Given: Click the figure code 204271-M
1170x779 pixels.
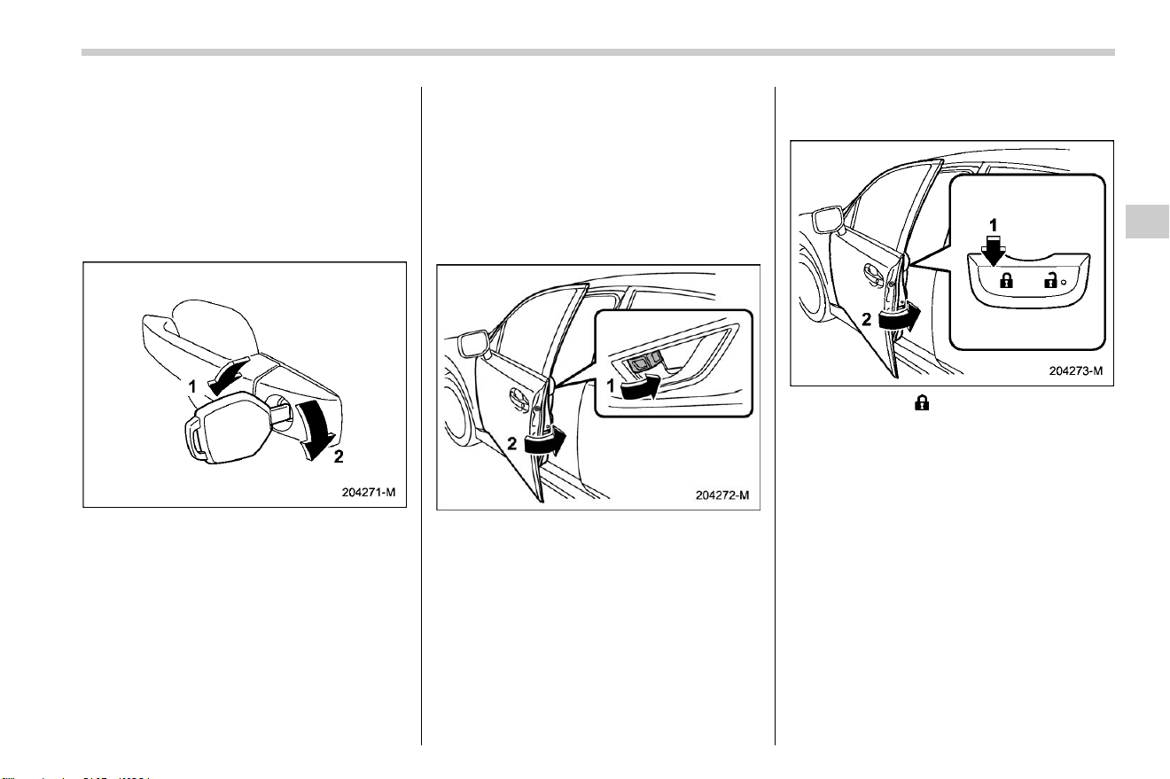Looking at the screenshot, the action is point(369,493).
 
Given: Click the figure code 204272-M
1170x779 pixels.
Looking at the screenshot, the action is point(722,495).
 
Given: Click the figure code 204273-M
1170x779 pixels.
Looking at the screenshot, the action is point(1076,370).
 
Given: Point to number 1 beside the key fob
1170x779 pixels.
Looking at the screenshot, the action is point(192,387).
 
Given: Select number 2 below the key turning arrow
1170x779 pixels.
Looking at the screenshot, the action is point(339,456).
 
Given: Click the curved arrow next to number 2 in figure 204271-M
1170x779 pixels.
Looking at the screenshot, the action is point(315,430).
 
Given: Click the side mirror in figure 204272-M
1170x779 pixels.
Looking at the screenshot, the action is point(472,344).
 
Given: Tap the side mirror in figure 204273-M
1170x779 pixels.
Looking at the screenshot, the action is point(830,220).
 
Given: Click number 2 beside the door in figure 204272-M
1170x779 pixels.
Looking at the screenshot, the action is point(512,444).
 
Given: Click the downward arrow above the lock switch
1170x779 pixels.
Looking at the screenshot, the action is point(993,250).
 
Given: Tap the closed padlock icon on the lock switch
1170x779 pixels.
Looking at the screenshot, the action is point(1006,280).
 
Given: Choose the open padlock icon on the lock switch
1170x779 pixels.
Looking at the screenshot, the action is point(1049,280).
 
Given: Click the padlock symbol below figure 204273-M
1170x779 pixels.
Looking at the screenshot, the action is point(922,403).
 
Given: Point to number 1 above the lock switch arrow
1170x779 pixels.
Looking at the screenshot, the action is point(994,226).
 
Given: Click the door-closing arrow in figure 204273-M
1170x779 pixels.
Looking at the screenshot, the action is point(900,317).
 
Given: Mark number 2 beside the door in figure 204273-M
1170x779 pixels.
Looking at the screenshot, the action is point(867,320).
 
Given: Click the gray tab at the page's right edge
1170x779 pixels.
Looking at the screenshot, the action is point(1147,222).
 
